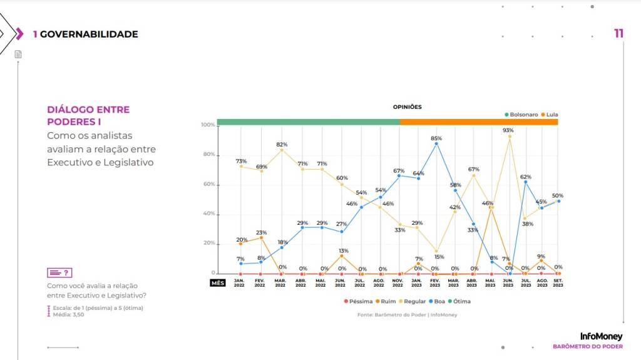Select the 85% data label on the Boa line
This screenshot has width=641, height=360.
(436, 138)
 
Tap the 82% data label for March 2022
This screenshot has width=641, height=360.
(282, 145)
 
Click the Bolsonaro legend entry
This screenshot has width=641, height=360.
(521, 115)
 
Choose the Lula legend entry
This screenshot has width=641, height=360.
(549, 115)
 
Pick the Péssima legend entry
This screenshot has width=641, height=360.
(358, 301)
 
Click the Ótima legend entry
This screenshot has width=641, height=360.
(459, 301)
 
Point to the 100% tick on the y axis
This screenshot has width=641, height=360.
(208, 125)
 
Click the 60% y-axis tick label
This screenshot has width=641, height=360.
(209, 184)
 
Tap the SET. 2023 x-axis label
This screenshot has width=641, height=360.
(558, 282)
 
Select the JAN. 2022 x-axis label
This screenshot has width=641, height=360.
(239, 282)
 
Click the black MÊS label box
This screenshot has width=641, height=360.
(217, 282)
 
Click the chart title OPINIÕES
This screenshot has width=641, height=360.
(407, 107)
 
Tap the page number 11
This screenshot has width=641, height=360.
(618, 34)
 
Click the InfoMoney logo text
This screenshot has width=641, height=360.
(601, 337)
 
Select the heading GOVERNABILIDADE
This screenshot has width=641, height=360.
(89, 34)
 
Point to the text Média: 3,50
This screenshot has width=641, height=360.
(68, 314)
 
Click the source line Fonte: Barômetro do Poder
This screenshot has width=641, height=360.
(407, 314)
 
